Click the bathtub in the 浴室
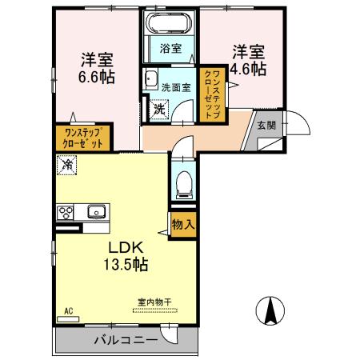(x=170, y=22)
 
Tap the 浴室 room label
(x=170, y=49)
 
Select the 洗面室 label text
(x=176, y=88)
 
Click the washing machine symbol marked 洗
(x=159, y=110)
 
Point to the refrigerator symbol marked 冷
(x=66, y=165)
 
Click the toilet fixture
(x=183, y=185)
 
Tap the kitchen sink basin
(x=96, y=212)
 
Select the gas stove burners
(x=65, y=213)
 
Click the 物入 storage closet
(x=183, y=225)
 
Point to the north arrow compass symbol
(x=270, y=310)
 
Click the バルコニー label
(x=126, y=340)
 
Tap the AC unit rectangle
(x=68, y=319)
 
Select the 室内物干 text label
(x=154, y=302)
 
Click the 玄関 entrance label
(x=266, y=126)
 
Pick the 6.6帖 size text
(x=97, y=77)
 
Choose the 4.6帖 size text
(x=248, y=69)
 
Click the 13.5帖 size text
(x=126, y=264)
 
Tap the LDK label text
(x=126, y=247)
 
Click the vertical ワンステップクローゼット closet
(x=213, y=94)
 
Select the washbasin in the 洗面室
(x=151, y=79)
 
